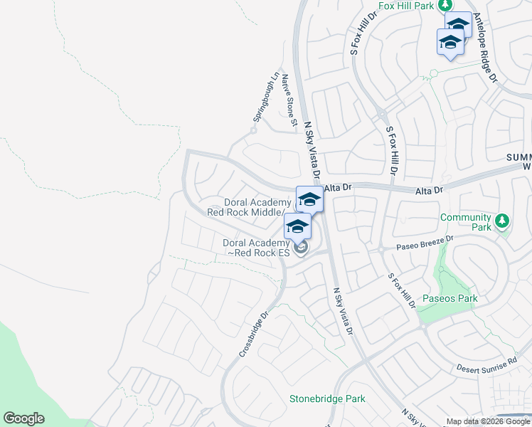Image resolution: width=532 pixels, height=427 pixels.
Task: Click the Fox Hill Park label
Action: [406, 6]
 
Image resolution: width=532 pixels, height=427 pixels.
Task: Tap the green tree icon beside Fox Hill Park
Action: [446, 4]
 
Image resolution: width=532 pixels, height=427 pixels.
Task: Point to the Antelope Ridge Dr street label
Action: [486, 48]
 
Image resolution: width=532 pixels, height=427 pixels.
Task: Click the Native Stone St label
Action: [288, 100]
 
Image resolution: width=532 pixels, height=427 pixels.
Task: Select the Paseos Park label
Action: [450, 298]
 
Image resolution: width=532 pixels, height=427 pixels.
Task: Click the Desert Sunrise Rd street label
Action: [486, 366]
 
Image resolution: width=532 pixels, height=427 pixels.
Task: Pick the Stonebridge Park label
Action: [327, 399]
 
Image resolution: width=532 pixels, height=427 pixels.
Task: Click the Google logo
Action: [23, 418]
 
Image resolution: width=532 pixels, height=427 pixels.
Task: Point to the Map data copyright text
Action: [488, 421]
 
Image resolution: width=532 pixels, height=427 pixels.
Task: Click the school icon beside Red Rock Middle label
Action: [309, 199]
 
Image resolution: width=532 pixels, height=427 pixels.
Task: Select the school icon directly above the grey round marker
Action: [297, 226]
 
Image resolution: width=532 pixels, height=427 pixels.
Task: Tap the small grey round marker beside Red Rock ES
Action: [302, 248]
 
